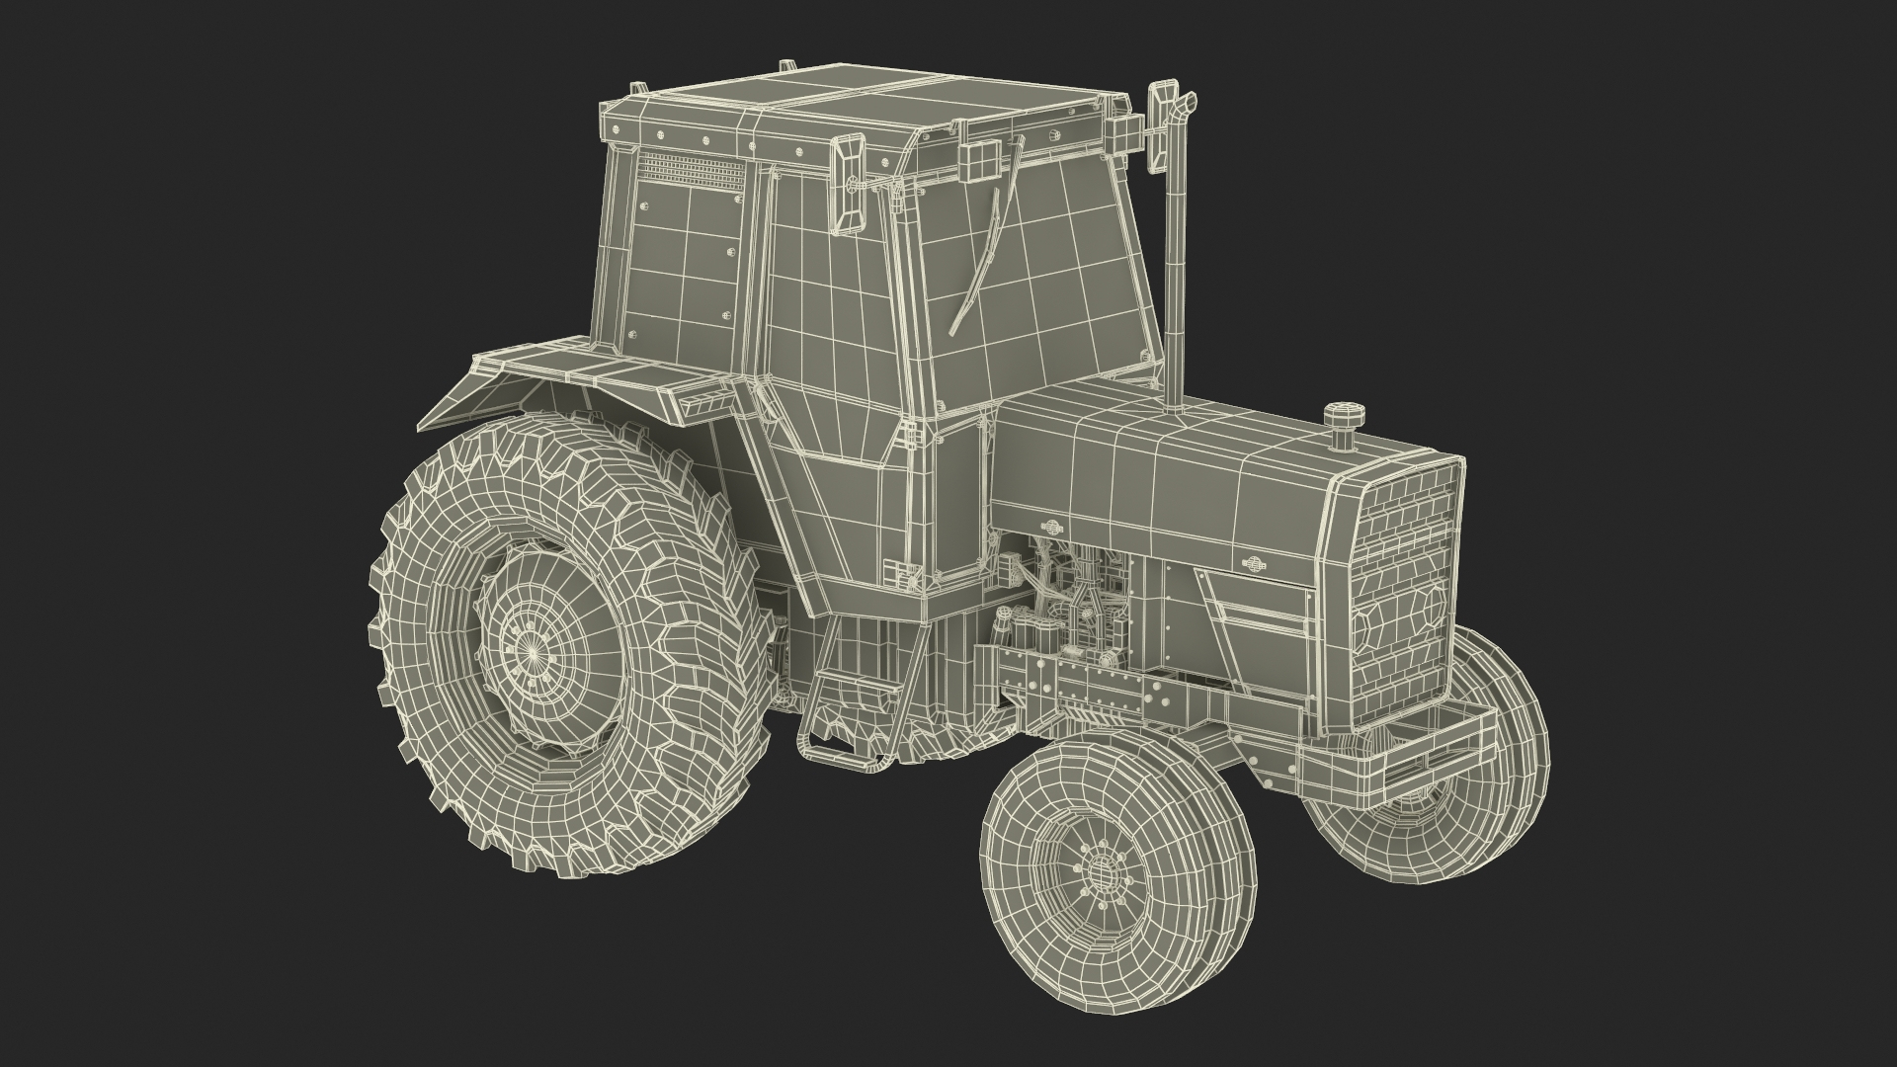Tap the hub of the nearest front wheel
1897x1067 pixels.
click(x=1099, y=871)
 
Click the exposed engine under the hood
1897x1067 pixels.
click(x=1067, y=603)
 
